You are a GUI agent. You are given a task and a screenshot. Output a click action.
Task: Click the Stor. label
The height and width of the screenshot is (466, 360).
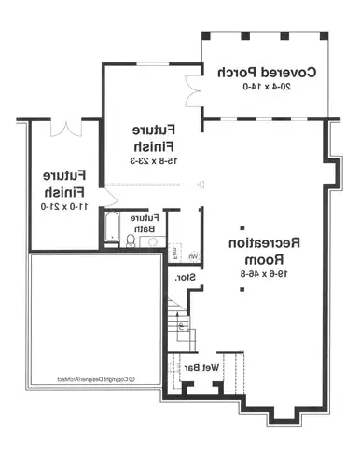click(x=184, y=276)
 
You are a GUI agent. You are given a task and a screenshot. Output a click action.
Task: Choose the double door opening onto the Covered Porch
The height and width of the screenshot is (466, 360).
click(x=194, y=89)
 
